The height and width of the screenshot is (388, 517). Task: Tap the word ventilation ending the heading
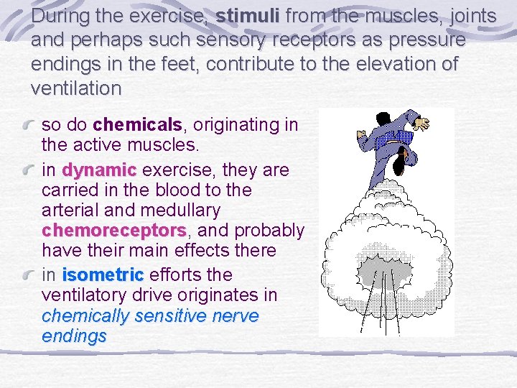coord(76,89)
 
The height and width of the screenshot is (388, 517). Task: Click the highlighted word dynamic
coord(99,170)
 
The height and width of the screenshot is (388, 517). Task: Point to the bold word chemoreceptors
coord(114,231)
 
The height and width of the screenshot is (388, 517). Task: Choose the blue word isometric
coord(103,275)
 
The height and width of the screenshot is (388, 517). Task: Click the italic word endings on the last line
coord(74,336)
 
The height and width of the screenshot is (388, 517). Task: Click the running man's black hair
coord(398,166)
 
